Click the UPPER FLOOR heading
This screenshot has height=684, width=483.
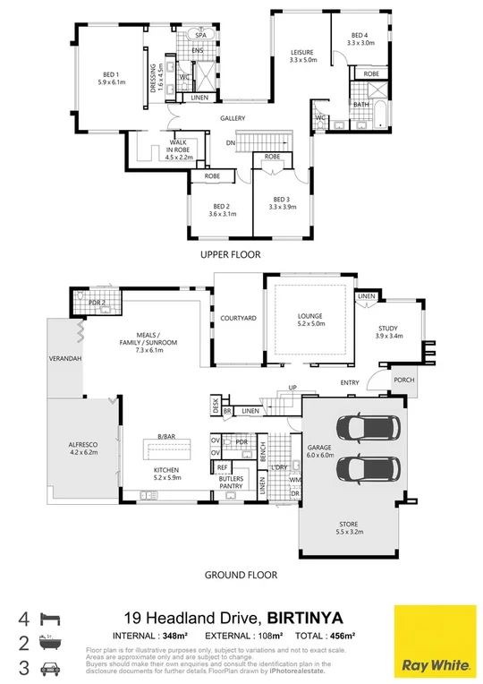coord(231,255)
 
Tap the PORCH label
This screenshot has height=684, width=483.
coord(404,381)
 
